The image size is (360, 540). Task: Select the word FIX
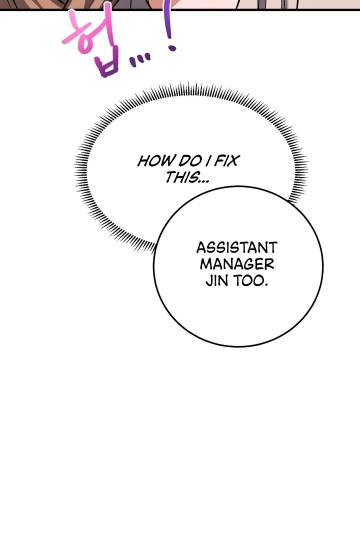point(226,161)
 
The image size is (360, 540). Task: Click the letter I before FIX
point(209,161)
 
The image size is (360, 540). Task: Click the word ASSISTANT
point(236,248)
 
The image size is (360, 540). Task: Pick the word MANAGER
point(236,264)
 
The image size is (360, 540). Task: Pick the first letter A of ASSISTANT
point(201,248)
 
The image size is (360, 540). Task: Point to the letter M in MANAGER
point(206,264)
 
